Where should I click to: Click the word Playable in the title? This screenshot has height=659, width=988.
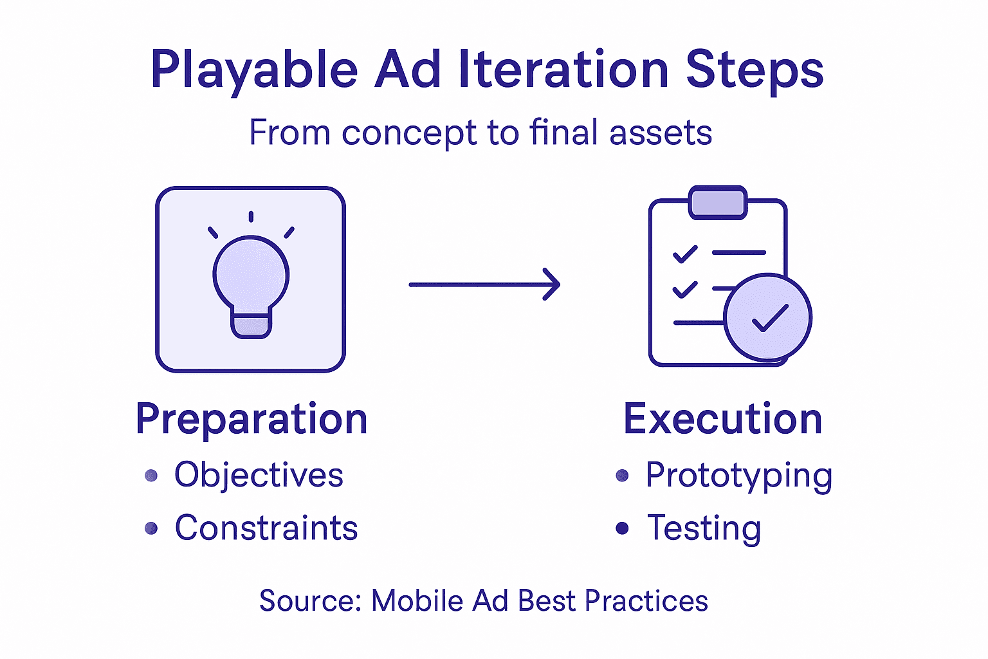point(253,70)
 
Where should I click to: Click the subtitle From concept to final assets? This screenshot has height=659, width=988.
point(480,133)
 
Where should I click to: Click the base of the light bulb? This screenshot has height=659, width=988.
point(251,326)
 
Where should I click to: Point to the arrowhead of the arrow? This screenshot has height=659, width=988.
point(553,284)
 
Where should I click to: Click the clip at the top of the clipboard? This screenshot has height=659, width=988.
point(717,203)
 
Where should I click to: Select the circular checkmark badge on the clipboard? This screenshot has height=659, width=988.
point(767,317)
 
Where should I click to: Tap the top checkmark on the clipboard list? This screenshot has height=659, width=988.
point(685,254)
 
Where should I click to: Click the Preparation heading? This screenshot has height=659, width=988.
point(252,420)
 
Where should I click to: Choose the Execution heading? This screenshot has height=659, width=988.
point(723,420)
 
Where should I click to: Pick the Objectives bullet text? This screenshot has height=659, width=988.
point(259,476)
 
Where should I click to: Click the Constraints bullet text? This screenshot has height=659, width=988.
point(266,528)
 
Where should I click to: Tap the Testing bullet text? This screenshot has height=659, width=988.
point(704,529)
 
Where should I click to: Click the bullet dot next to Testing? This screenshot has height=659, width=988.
point(622,528)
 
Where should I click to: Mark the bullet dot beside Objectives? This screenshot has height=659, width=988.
point(151,476)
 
